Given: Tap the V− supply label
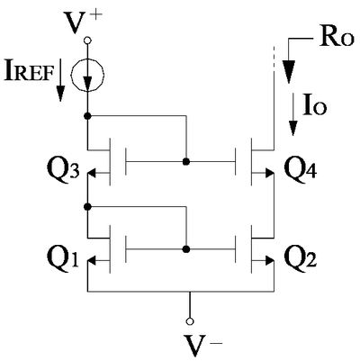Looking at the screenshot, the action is pos(201,345).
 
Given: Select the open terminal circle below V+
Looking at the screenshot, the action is pos(87,40).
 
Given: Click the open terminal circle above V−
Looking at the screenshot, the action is pos(190,321).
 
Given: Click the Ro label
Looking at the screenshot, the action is pos(337,38).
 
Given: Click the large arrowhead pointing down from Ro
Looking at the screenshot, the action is pos(289,71).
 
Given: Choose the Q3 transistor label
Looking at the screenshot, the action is pos(63,170).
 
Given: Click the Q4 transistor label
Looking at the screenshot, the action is pos(301,169).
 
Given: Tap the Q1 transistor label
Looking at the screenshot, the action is pos(63,257).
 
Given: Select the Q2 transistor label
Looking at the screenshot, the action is pos(301,257).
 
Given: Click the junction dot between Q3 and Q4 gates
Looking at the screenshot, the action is pos(186,162).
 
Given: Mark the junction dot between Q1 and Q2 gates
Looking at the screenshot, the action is pos(186,249).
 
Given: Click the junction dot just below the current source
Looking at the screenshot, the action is pos(87,116).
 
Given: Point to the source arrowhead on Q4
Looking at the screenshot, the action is pos(269,173).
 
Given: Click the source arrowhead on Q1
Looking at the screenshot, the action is pos(92,261).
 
